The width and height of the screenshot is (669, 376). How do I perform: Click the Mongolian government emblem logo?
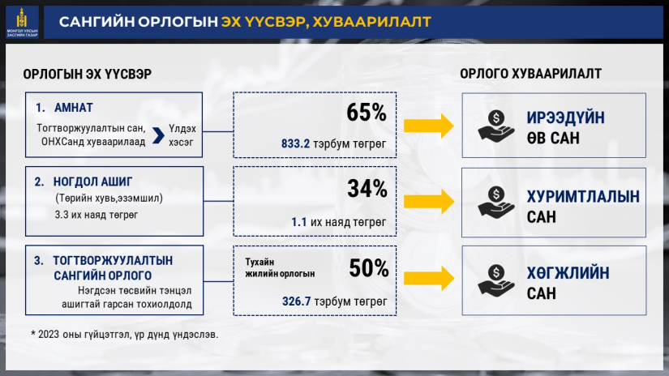point(22,22)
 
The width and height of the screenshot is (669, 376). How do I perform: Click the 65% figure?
point(366,113)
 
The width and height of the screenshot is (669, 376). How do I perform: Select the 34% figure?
point(367,189)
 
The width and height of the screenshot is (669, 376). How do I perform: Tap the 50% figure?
point(369,268)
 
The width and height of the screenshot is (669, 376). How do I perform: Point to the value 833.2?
point(295,143)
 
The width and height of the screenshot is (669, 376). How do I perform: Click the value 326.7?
point(296,301)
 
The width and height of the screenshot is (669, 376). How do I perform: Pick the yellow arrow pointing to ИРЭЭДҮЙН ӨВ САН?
point(429,126)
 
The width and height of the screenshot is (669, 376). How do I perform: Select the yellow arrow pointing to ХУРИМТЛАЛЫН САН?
point(429,201)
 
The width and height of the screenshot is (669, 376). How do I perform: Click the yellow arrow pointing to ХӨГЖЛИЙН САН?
point(429,279)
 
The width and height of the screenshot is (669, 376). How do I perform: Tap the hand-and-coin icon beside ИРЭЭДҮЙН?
point(496,126)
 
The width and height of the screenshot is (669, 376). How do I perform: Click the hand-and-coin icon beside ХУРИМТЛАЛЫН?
point(496,203)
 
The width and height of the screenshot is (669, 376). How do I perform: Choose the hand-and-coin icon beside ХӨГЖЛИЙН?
point(496,280)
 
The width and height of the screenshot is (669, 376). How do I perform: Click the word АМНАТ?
point(73,108)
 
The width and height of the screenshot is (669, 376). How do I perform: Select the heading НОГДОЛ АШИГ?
point(92,182)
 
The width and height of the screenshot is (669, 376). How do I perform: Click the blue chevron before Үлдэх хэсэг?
point(158,135)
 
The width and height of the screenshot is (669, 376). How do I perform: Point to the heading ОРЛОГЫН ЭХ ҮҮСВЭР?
point(87,75)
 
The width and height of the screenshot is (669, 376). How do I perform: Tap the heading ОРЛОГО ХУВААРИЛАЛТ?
point(530,74)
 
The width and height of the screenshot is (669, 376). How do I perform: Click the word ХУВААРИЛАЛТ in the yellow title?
point(371,22)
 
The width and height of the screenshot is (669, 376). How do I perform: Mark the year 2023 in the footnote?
point(48,334)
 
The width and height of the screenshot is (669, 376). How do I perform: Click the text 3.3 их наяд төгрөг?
point(96,215)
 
